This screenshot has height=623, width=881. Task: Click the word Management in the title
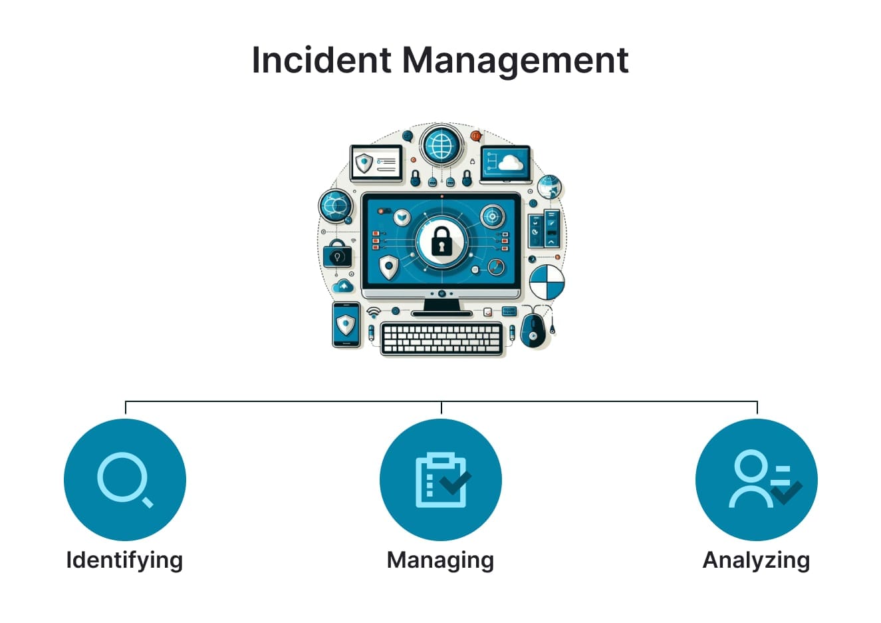515,61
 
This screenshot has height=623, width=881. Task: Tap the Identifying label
124,560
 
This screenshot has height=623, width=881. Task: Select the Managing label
440,560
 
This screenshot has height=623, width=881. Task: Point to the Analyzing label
756,560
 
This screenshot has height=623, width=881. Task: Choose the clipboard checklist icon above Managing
440,479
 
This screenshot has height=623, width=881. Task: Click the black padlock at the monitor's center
441,241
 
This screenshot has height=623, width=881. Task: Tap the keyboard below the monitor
441,338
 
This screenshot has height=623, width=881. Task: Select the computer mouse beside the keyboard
533,329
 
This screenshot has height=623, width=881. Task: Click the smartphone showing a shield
346,324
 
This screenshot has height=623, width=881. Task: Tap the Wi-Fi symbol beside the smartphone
374,311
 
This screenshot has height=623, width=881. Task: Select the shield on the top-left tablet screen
364,162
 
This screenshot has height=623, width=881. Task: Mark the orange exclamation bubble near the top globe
475,136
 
